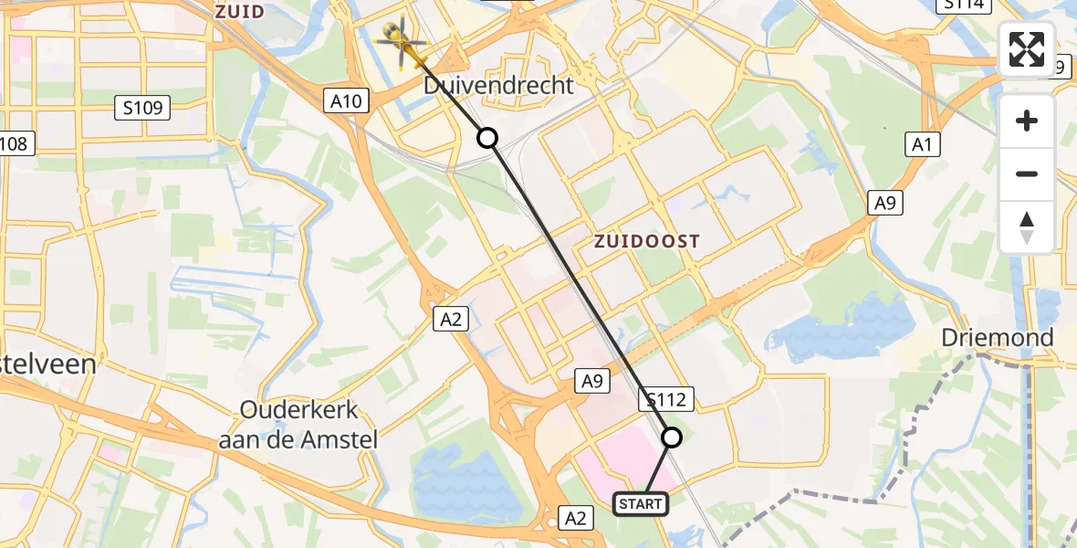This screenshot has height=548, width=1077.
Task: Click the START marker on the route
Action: click(x=641, y=503)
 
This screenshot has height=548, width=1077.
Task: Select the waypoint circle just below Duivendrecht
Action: click(x=487, y=138)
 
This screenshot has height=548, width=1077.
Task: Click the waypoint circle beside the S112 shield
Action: click(x=672, y=437)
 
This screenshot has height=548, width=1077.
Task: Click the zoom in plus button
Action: click(x=1027, y=121)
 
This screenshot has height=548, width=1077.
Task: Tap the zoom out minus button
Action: click(x=1027, y=174)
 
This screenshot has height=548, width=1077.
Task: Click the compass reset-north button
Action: click(x=1027, y=227)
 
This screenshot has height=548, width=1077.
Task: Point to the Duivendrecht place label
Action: click(x=499, y=86)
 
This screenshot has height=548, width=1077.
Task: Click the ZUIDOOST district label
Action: click(x=647, y=242)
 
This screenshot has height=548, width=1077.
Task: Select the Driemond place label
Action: click(x=998, y=338)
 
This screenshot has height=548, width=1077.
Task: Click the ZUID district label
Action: click(x=239, y=12)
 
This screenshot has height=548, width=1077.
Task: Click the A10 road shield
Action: click(x=346, y=100)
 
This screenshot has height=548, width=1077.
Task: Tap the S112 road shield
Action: click(x=667, y=398)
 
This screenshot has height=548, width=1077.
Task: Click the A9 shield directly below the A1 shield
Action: click(x=885, y=204)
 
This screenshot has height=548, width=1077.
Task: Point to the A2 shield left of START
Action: click(x=575, y=519)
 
